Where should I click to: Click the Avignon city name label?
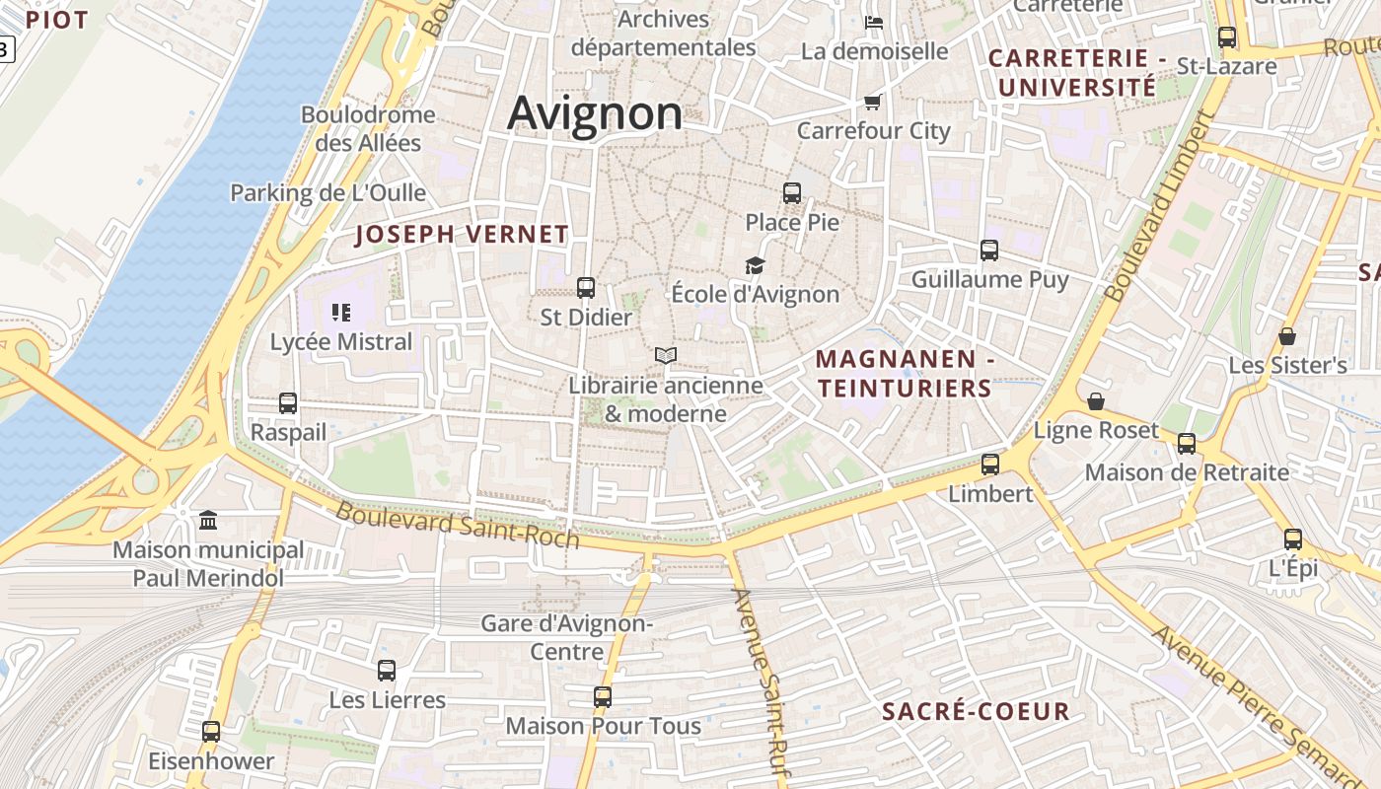595,113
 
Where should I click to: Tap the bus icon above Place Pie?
792,192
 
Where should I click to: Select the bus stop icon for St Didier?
586,288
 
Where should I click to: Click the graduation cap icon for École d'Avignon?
755,265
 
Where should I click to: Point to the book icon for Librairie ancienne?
666,355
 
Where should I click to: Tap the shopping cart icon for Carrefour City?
872,102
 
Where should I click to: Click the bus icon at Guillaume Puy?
989,251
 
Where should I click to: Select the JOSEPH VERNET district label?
462,235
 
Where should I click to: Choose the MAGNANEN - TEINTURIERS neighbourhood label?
905,374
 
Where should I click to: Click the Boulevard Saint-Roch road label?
458,524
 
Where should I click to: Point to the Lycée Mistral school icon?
341,313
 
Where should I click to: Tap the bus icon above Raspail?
288,403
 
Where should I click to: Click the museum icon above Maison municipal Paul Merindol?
208,520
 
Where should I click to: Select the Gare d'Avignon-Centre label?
567,637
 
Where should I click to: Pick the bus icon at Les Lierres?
387,671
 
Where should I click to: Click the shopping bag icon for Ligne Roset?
1096,401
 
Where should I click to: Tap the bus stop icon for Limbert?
990,465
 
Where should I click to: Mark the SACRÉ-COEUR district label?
976,712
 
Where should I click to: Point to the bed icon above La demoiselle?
874,22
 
